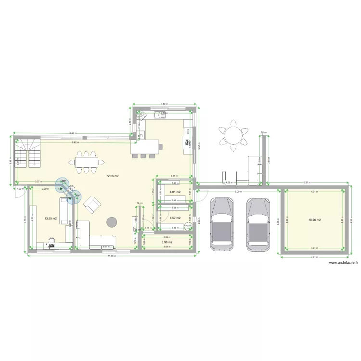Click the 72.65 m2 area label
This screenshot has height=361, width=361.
[112, 176]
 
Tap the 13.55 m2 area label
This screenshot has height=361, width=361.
[51, 219]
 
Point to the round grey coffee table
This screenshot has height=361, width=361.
[112, 221]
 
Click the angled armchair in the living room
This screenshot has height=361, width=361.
[92, 206]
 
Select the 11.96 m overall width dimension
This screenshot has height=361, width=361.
[112, 256]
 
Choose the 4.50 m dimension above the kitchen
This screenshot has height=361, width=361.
[164, 104]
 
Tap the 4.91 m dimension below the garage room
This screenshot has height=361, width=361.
[314, 258]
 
